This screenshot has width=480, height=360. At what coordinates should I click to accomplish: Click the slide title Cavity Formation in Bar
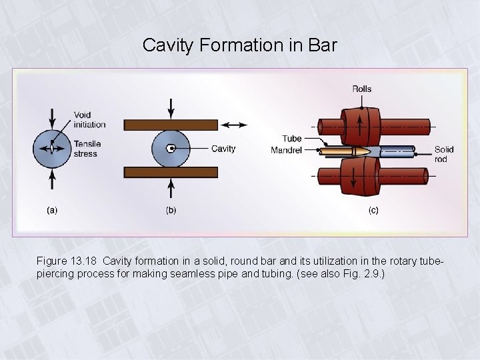(240, 46)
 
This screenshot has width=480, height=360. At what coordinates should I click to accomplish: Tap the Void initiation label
(89, 119)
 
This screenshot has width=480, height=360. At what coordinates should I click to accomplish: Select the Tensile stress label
(86, 149)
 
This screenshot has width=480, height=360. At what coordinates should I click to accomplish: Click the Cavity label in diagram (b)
(223, 149)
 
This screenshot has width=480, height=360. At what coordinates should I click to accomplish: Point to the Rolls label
(362, 89)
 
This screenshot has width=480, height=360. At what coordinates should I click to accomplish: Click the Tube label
(291, 139)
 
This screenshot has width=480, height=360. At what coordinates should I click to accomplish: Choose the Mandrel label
(287, 150)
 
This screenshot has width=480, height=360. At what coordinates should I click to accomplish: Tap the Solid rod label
(444, 154)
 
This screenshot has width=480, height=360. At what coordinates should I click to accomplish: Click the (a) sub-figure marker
(51, 210)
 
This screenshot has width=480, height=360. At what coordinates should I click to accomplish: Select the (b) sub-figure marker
(171, 210)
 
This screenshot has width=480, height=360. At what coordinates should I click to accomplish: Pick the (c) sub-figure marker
(374, 210)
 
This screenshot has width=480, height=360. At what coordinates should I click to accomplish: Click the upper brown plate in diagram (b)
(171, 125)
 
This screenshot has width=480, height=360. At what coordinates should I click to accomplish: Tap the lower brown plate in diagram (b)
(171, 172)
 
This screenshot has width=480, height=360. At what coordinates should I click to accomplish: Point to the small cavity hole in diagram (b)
(171, 148)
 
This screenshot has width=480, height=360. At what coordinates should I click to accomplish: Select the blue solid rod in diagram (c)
(401, 151)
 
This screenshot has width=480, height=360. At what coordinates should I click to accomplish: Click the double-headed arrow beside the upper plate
(233, 125)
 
